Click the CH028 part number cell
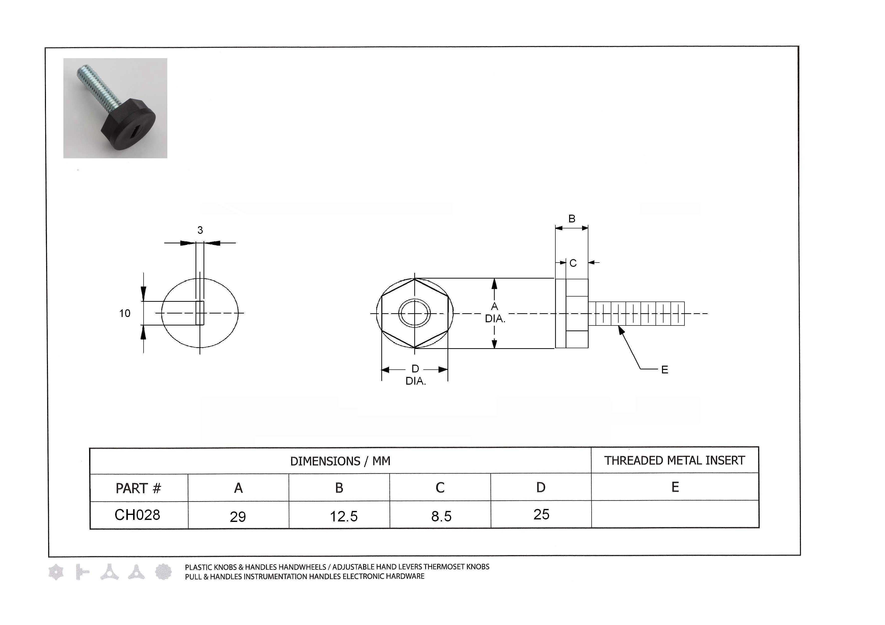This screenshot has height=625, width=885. click(x=137, y=515)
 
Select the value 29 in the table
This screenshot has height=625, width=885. click(x=238, y=517)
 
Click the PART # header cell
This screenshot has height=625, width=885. click(x=138, y=488)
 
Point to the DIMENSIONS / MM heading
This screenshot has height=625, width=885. click(x=340, y=461)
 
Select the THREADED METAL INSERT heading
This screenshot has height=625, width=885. click(x=674, y=461)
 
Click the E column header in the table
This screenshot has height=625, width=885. click(x=675, y=487)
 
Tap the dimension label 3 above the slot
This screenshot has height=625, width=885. click(x=200, y=230)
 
